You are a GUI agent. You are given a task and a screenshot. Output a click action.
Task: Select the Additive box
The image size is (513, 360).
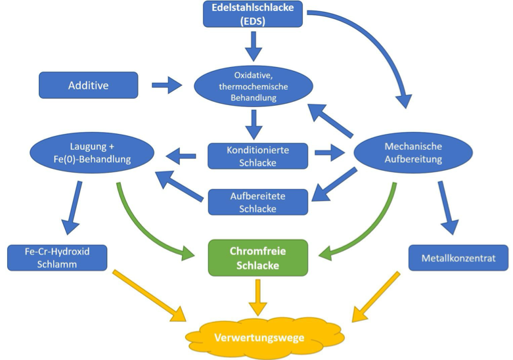[x=89, y=85]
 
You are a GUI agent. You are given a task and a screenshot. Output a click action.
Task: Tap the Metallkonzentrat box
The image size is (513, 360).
[x=458, y=258]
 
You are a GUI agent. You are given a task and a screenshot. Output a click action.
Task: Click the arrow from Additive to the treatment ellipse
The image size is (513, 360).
[x=167, y=85]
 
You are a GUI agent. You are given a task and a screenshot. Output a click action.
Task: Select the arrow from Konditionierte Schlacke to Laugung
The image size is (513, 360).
[x=181, y=156]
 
